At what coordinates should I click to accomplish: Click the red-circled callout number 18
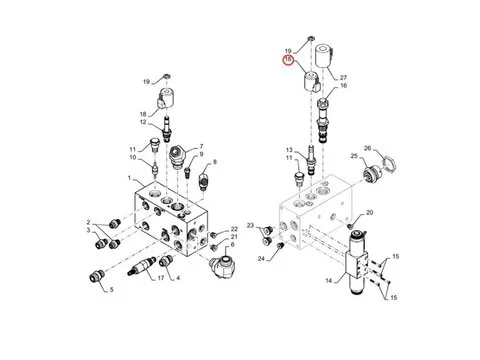288,60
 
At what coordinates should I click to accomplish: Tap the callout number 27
343,77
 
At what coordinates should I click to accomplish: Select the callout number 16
343,85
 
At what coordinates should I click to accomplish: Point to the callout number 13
289,150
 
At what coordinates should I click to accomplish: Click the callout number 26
367,148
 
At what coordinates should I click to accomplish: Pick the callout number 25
354,156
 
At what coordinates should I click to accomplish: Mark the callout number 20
370,213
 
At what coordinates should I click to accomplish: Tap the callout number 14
329,281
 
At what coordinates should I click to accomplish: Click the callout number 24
261,258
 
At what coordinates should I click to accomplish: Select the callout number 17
161,278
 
